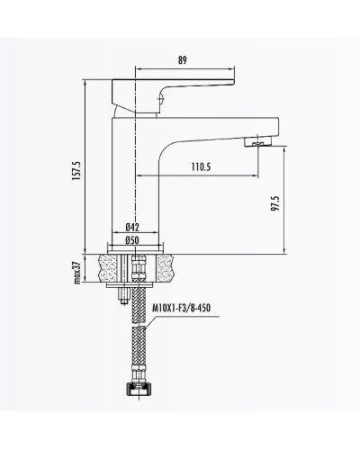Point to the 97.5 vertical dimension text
[x=274, y=208]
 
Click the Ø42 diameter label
[x=131, y=229]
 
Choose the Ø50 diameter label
[x=131, y=240]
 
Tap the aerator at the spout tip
[x=259, y=142]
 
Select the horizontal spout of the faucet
[x=211, y=136]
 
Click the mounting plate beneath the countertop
[x=136, y=290]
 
